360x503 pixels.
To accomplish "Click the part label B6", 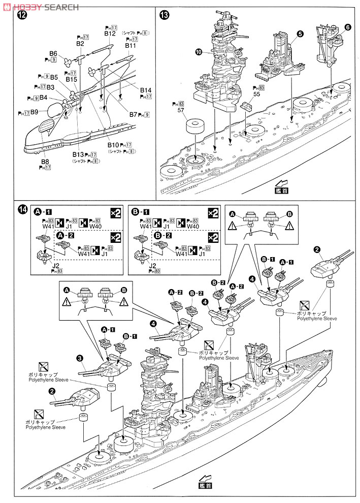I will [x=53, y=53].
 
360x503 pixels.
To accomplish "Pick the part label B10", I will [x=113, y=145].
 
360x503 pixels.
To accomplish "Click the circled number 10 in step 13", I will [x=199, y=52].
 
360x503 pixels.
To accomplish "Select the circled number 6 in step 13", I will [x=347, y=27].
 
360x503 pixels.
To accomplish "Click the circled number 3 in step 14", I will [x=80, y=358].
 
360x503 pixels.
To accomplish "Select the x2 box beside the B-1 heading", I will [x=214, y=213].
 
